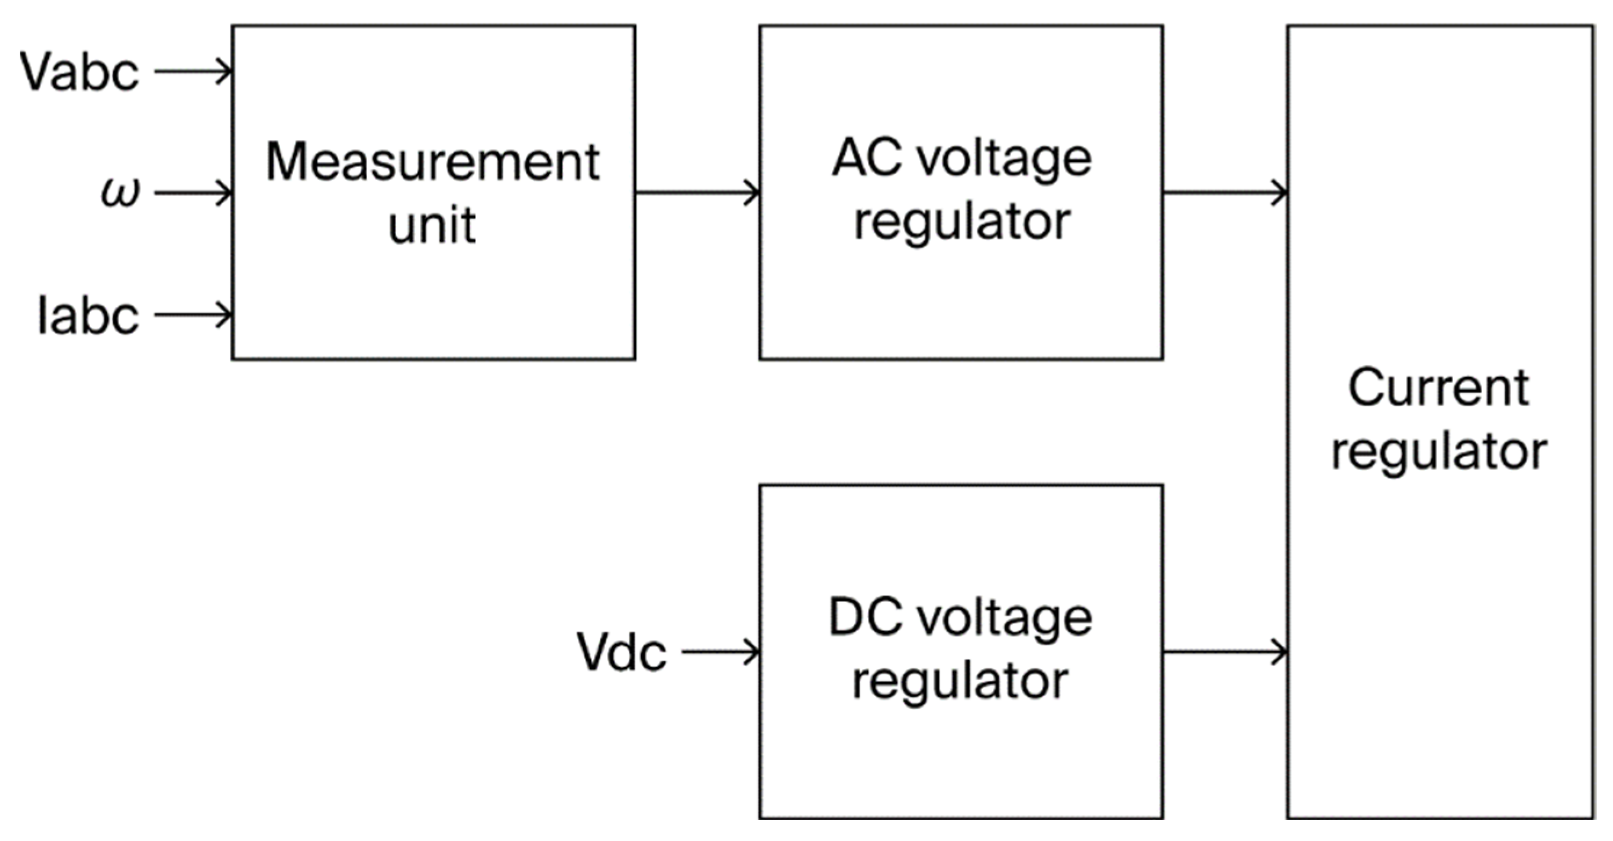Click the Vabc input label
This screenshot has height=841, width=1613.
(79, 72)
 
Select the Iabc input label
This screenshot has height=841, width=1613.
(88, 316)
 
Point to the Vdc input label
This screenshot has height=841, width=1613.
(621, 652)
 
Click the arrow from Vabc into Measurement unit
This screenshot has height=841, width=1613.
(193, 71)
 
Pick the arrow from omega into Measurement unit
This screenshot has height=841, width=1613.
(193, 193)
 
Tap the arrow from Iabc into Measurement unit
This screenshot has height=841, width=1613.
(193, 314)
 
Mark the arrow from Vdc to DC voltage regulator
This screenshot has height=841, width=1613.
(720, 652)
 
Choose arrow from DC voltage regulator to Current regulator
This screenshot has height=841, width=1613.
(1225, 652)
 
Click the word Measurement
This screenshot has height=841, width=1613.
(433, 162)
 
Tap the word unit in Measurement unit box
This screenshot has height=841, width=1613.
(432, 225)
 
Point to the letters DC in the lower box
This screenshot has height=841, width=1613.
(864, 618)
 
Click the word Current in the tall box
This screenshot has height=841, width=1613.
(1438, 388)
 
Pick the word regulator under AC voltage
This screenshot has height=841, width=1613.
(962, 223)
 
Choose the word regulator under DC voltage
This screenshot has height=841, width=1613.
(960, 683)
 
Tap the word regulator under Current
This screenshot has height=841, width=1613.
(1439, 453)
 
